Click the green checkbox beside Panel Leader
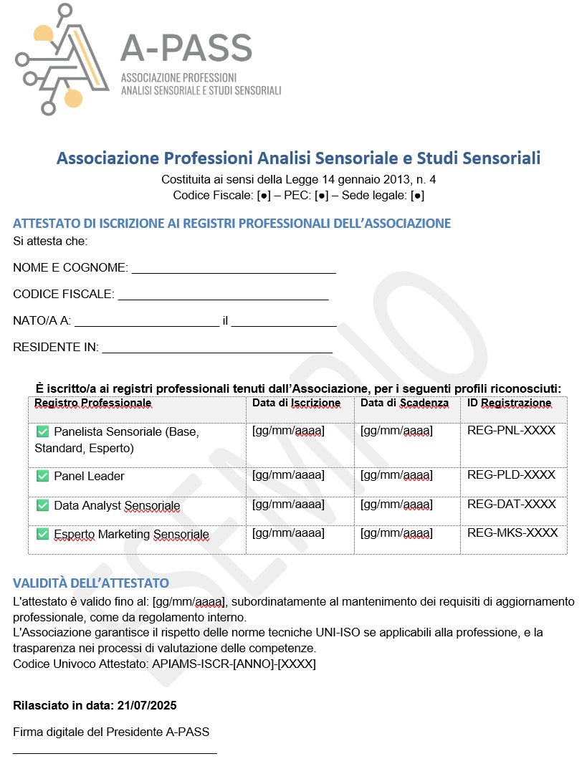42,476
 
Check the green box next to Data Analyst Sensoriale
42,505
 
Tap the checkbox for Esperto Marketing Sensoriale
42,534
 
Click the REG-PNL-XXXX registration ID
511,431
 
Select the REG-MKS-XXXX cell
512,532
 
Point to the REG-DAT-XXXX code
511,504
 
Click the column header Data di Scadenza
404,403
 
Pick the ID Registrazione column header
509,403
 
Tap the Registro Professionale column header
92,403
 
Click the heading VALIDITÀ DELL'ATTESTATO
91,583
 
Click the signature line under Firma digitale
115,752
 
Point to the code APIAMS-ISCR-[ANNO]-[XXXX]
234,664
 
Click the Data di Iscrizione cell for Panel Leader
288,475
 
